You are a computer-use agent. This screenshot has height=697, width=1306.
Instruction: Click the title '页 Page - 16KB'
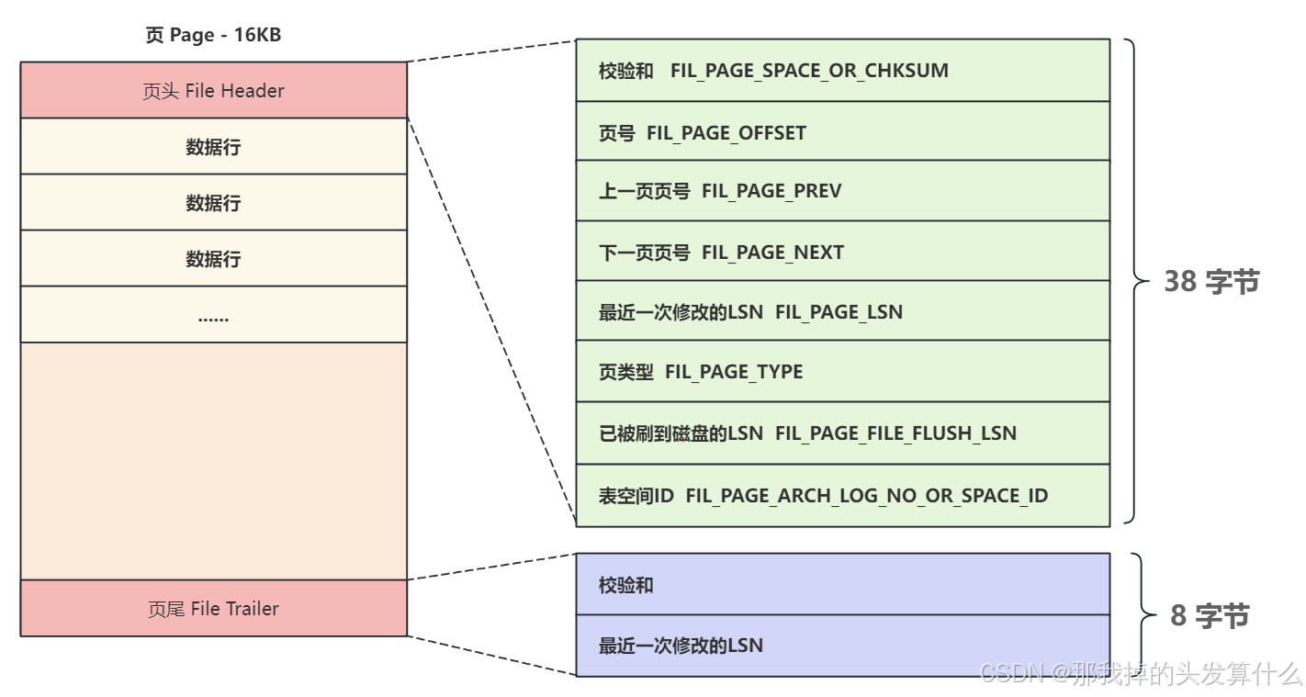[213, 36]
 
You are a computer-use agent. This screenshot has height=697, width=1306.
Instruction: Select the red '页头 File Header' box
[213, 90]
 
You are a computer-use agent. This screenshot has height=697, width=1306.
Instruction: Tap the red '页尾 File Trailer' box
[213, 608]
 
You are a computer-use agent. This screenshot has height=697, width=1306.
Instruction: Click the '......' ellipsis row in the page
[213, 315]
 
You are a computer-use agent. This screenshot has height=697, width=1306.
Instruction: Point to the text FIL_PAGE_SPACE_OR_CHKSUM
[809, 71]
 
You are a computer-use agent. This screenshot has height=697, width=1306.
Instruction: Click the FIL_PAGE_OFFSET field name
[726, 133]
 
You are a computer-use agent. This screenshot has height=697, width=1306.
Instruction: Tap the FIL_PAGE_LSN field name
[839, 312]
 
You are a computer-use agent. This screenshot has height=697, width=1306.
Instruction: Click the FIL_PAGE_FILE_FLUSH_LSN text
[895, 433]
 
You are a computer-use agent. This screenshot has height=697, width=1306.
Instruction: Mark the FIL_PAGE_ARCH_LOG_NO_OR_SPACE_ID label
[866, 496]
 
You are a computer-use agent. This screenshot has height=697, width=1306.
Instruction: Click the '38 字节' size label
[1211, 282]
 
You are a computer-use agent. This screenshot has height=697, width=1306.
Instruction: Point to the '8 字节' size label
[1210, 616]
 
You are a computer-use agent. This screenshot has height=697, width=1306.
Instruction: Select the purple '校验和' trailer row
[842, 584]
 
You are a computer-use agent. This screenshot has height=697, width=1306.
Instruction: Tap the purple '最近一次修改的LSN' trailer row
[842, 646]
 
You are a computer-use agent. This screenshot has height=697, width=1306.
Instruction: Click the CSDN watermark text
[1140, 674]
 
